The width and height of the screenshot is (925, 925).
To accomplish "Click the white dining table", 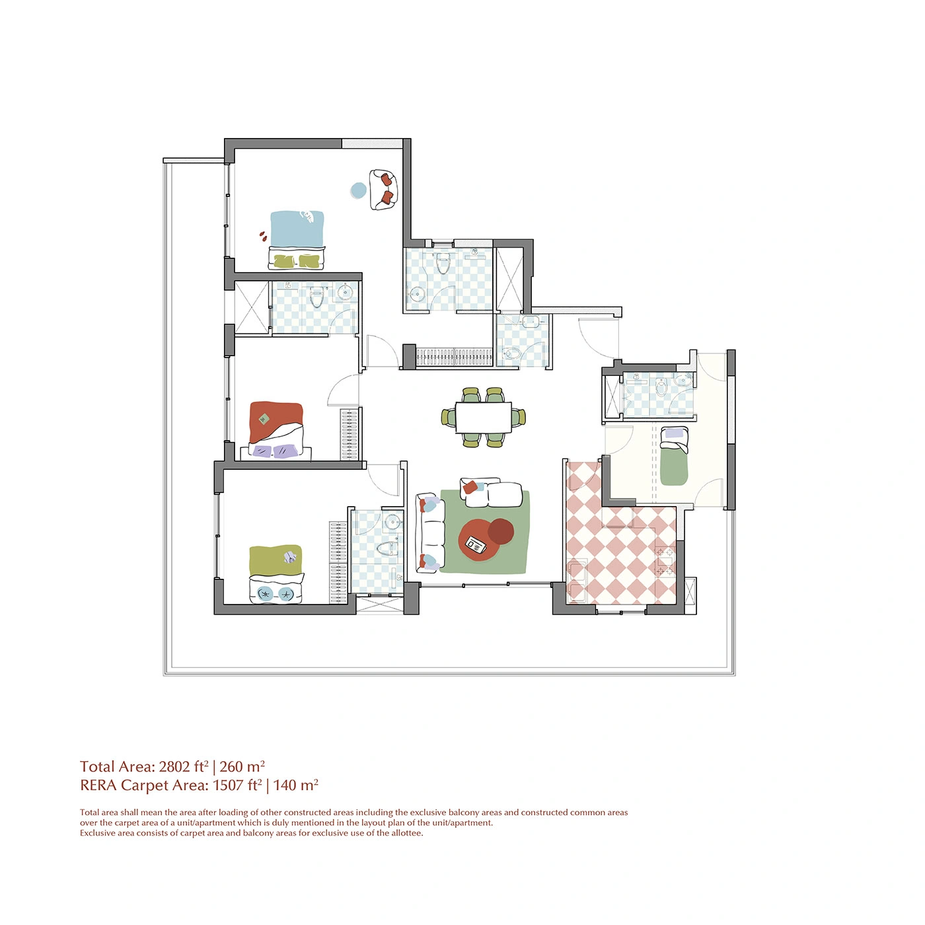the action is tap(483, 417).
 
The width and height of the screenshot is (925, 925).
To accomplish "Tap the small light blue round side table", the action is tap(358, 190).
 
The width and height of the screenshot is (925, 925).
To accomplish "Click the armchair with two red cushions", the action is tap(383, 189).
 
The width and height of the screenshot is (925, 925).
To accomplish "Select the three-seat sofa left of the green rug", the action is tap(430, 533).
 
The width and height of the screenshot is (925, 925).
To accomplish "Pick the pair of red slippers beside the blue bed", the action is tap(262, 235).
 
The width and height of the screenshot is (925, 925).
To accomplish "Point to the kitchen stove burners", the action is tap(666, 561).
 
